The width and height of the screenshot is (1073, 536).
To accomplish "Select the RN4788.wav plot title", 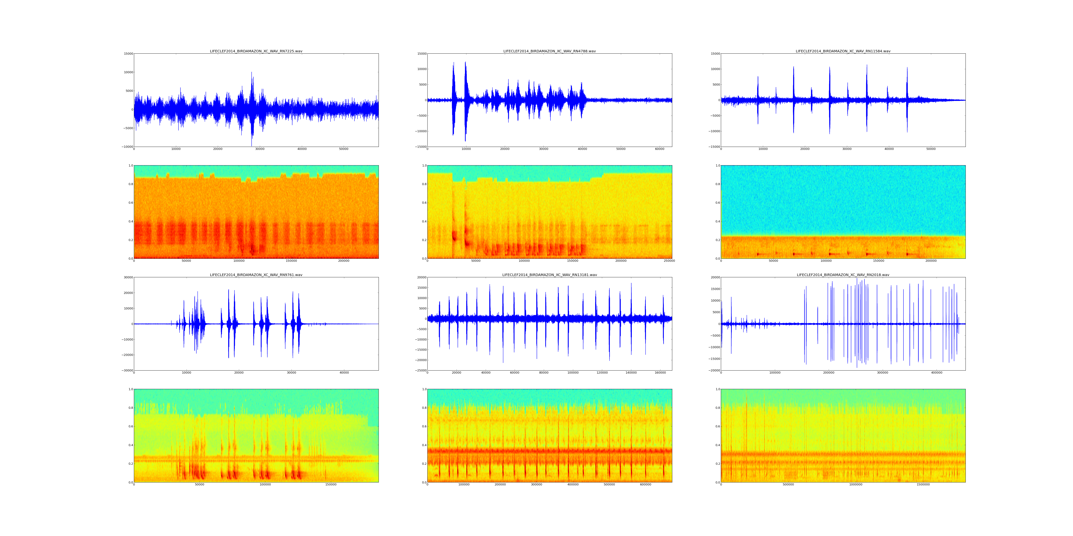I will click(x=549, y=51).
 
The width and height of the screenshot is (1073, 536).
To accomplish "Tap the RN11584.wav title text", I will click(x=843, y=51).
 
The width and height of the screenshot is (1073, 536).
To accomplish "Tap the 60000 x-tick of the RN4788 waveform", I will click(x=659, y=149).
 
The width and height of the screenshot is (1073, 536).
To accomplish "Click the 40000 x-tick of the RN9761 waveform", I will click(x=344, y=373).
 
